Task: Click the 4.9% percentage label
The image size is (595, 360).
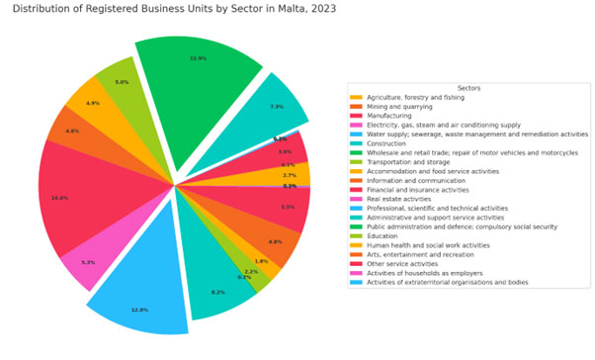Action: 93,103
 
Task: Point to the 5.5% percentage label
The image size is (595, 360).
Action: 288,208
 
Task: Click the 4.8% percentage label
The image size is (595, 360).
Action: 276,241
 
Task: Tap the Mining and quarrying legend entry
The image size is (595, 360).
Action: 401,107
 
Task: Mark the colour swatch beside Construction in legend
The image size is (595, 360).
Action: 356,143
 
